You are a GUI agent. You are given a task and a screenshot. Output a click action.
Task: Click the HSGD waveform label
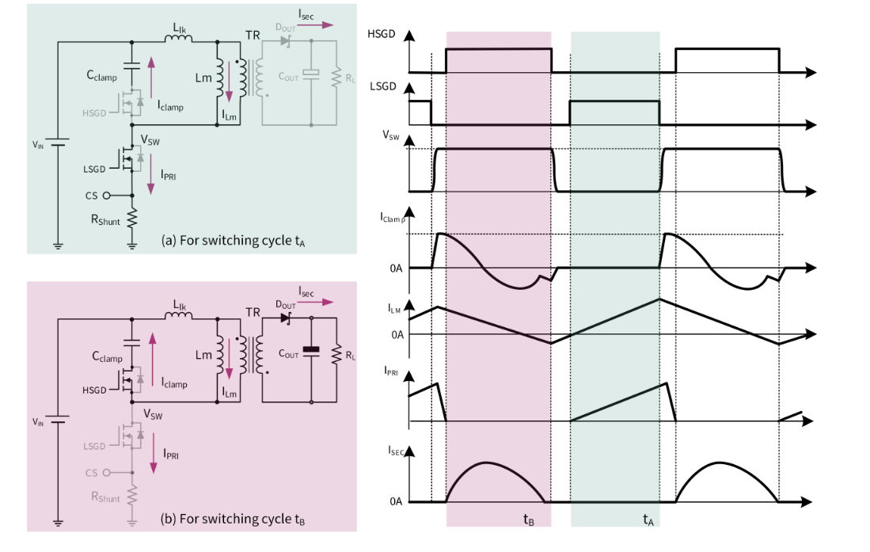coord(382,34)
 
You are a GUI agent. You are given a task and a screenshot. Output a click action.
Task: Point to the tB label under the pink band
coord(528,520)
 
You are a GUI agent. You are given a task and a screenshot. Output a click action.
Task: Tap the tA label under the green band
coord(648,520)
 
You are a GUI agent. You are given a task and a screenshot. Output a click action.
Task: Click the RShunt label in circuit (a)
coord(104,219)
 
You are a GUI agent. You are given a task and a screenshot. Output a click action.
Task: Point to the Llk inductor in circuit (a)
coord(180,44)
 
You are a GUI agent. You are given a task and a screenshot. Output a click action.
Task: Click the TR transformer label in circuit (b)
coord(253,311)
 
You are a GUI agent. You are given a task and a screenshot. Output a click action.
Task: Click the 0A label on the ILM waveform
coord(397,334)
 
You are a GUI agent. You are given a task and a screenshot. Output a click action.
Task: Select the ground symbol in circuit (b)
coord(58,522)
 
